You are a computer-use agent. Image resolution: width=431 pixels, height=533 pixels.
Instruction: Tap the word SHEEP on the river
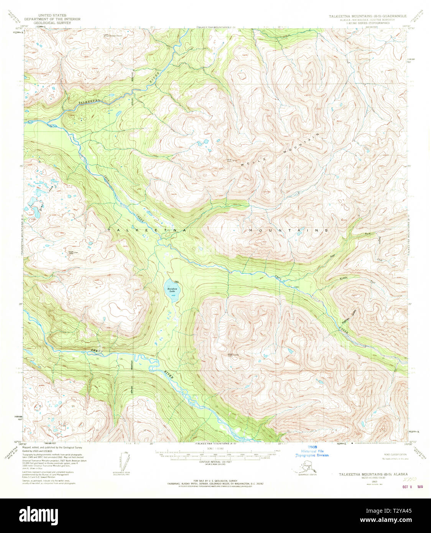[x=96, y=350]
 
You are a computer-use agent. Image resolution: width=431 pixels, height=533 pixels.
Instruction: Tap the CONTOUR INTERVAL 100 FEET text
[x=215, y=462]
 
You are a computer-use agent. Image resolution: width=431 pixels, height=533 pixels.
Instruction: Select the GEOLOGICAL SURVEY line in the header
[x=48, y=23]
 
